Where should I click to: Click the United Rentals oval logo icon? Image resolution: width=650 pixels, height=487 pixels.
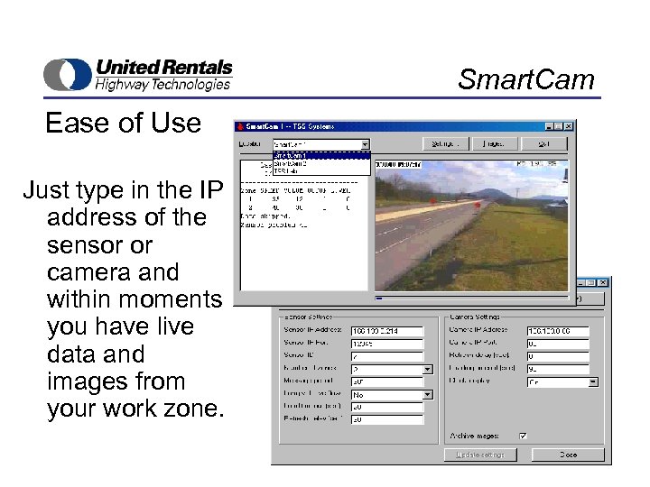[x=67, y=74]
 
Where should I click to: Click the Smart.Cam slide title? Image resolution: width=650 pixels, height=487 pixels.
[x=526, y=79]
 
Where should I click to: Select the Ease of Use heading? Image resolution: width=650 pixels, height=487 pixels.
[x=123, y=123]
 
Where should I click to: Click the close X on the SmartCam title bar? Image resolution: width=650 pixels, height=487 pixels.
[x=569, y=126]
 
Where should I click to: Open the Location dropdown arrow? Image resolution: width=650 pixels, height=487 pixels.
[x=365, y=144]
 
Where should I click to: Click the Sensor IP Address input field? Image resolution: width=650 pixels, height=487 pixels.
[x=386, y=331]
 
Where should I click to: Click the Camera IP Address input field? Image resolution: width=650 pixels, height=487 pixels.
[x=557, y=331]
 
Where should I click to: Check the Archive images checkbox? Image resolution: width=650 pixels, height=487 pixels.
[x=523, y=436]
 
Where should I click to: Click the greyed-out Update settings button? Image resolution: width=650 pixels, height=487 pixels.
[x=480, y=455]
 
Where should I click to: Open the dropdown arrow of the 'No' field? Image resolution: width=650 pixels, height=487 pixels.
[x=427, y=394]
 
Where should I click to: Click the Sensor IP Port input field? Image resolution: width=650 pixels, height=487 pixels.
[x=386, y=344]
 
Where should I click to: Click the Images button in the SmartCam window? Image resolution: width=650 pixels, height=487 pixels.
[x=494, y=143]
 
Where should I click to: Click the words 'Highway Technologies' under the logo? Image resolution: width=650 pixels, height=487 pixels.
[x=163, y=85]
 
